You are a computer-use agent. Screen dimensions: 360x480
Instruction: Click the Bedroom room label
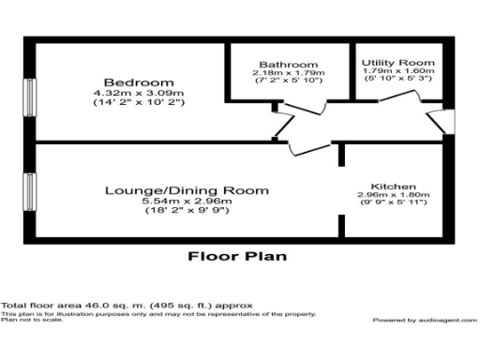tap(127, 82)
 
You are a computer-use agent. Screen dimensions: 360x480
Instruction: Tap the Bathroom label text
tap(288, 64)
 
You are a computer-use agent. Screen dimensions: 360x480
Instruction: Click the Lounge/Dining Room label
tap(186, 190)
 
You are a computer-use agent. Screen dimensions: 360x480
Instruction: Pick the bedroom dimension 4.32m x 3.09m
tap(127, 95)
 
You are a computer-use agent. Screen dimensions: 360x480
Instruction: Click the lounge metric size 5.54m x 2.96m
tap(186, 202)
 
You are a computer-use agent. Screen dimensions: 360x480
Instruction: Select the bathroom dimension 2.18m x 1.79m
tap(288, 73)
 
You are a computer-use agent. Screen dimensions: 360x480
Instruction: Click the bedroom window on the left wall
tap(30, 97)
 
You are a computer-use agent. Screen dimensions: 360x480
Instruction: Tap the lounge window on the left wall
tap(30, 192)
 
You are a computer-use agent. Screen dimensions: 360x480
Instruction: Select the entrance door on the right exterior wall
tap(444, 119)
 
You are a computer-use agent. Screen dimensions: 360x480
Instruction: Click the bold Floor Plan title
tap(237, 255)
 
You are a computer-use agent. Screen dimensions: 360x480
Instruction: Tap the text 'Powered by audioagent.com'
tap(419, 320)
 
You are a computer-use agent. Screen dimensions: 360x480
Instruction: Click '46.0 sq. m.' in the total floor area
tap(97, 306)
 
